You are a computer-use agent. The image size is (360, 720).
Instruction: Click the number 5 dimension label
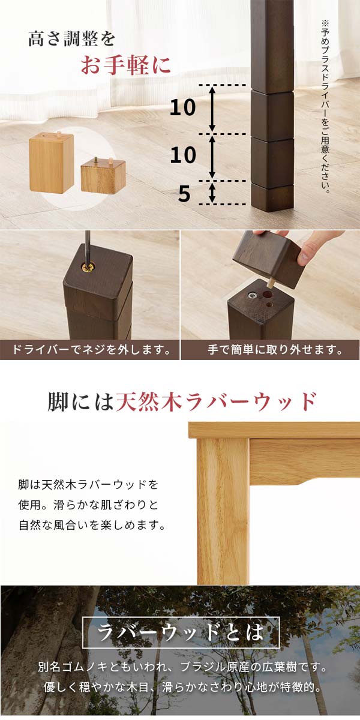point(184,194)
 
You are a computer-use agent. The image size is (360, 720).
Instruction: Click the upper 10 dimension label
point(183,108)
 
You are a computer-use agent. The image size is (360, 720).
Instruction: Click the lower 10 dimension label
point(183,155)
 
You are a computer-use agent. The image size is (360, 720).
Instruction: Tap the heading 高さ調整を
point(71,39)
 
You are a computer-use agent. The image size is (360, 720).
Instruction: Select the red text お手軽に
point(125,66)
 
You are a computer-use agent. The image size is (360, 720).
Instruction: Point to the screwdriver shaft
point(88,246)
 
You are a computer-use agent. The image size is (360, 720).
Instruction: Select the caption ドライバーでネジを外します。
point(90,349)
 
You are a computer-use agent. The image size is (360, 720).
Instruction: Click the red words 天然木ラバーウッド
point(215,400)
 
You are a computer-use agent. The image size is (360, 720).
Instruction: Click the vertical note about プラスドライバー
point(326,108)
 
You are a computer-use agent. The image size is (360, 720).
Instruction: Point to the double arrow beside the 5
point(212,193)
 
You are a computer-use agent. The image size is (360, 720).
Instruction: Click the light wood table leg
point(222,510)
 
